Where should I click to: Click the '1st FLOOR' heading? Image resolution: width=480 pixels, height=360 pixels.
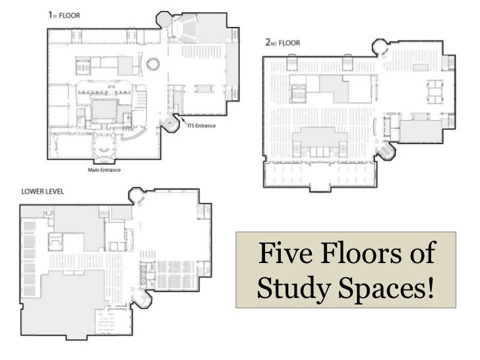[x=64, y=15]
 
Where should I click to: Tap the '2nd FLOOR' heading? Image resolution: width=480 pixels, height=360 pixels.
[x=283, y=43]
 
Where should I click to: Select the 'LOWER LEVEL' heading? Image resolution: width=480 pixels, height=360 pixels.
[x=43, y=192]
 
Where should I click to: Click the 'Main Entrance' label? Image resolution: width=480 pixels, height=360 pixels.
[x=104, y=170]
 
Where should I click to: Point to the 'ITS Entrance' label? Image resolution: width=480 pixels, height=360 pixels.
[x=202, y=125]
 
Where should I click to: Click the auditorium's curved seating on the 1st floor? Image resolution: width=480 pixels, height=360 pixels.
[x=187, y=28]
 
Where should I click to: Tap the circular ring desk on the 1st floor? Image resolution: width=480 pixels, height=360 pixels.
[x=153, y=64]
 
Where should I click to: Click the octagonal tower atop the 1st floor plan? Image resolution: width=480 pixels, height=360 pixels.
[x=164, y=19]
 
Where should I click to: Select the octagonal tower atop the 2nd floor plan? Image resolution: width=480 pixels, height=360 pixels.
[x=380, y=47]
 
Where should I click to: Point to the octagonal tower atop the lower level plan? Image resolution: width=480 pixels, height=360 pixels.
[x=136, y=196]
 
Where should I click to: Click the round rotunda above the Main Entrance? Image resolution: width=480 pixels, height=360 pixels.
[x=105, y=146]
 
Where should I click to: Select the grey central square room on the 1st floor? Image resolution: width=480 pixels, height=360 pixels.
[x=104, y=110]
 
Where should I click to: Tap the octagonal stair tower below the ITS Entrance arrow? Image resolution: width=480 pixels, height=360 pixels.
[x=169, y=123]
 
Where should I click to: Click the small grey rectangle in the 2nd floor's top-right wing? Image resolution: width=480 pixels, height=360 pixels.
[x=421, y=67]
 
